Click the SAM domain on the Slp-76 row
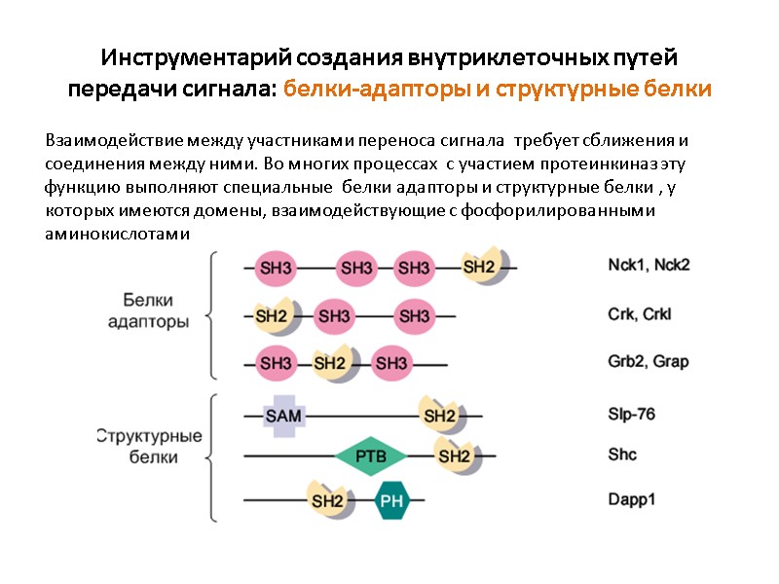tap(284, 416)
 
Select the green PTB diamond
tap(371, 456)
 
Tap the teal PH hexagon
tap(391, 501)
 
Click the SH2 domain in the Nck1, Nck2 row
tap(479, 267)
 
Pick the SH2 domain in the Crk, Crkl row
tap(271, 315)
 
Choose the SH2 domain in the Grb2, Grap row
tap(330, 364)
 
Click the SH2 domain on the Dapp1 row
tap(327, 501)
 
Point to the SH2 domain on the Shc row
tap(455, 456)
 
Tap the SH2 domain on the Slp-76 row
tap(439, 416)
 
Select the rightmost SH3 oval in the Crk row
tap(415, 315)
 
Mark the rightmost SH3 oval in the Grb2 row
tap(390, 364)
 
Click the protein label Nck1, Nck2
tap(648, 264)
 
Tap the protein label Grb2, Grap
tap(648, 362)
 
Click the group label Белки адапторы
tap(155, 311)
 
